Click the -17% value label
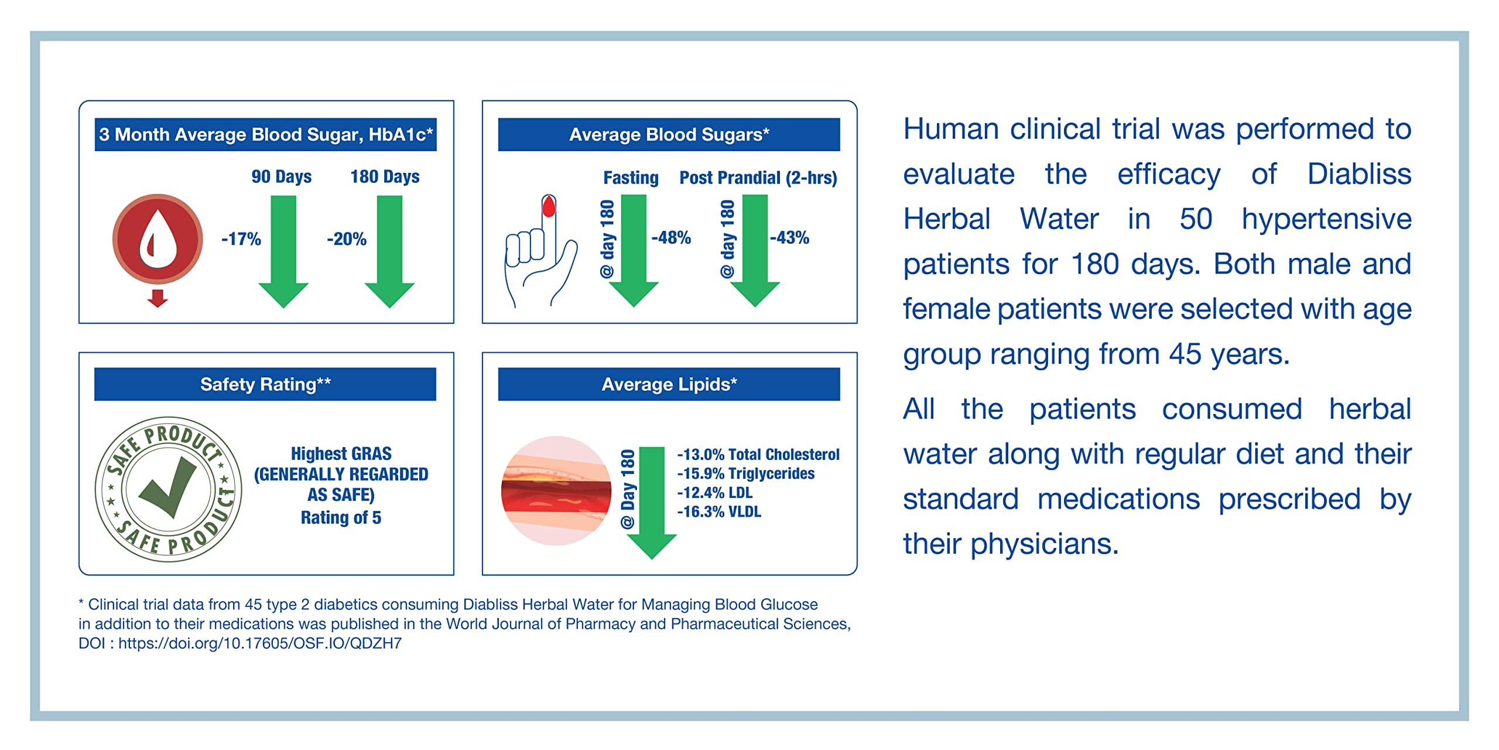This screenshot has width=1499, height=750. [241, 239]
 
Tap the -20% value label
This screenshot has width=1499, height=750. [347, 239]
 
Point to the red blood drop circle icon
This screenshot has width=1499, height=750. [158, 239]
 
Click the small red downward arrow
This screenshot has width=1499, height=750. [158, 298]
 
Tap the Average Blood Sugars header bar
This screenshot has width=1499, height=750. [669, 135]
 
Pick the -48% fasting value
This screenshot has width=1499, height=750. [671, 238]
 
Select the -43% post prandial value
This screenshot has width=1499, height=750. [789, 238]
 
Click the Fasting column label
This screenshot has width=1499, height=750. [631, 178]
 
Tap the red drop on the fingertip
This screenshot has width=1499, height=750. [549, 206]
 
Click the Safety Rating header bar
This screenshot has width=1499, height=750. [265, 384]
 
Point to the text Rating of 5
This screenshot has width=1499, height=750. [341, 518]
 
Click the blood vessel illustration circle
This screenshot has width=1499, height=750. [556, 491]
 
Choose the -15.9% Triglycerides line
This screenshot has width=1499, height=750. [745, 473]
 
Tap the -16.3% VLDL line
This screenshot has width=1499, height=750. [719, 512]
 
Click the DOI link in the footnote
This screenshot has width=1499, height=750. [260, 643]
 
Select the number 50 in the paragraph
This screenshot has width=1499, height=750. [1196, 219]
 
